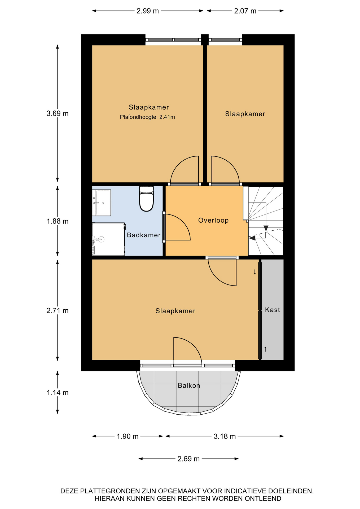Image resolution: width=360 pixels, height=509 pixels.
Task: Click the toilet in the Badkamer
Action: coord(146,199)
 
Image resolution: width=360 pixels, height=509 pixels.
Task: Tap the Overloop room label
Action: coord(213,220)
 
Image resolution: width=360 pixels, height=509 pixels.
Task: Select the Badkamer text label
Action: coord(144,235)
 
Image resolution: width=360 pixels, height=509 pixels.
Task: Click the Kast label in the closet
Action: coord(273,310)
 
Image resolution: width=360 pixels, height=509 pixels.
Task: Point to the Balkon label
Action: coord(189,385)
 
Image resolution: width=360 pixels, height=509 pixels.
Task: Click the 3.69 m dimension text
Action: coord(58,113)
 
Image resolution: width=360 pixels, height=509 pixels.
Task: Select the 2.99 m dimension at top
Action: coord(148,11)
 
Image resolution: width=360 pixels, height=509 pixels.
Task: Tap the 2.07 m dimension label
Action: coord(245,11)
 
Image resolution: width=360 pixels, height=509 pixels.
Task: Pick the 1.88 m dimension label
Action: coord(58,221)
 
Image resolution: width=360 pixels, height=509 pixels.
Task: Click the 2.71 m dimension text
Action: coord(58,310)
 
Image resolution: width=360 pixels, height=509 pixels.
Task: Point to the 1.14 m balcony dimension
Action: coord(58,393)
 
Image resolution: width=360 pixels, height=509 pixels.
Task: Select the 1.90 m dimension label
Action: coord(128,436)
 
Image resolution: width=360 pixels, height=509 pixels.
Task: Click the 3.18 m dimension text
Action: coord(225,436)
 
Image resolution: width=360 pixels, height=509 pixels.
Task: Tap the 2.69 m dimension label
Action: coord(188,459)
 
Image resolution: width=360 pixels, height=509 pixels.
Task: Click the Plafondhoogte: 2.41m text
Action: coord(147,117)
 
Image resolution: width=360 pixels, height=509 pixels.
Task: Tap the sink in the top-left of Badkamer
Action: coord(102,203)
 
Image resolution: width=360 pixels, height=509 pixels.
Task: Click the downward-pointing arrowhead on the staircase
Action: coord(266,228)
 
